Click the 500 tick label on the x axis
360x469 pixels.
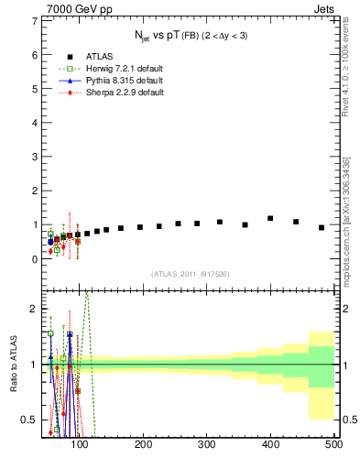(x=333, y=444)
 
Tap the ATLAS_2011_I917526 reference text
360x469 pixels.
(x=191, y=274)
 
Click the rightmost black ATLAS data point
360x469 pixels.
(x=322, y=227)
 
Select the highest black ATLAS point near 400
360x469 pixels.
(x=270, y=218)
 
